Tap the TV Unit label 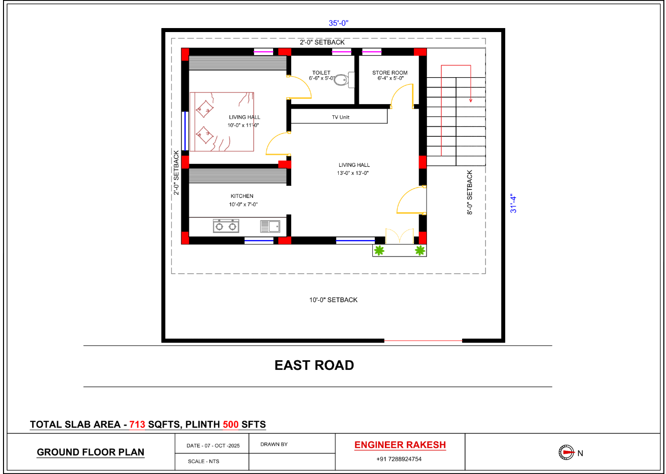tap(341, 117)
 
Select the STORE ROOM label tap(390, 73)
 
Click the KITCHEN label tap(242, 196)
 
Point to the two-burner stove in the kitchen tap(226, 226)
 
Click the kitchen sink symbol tap(270, 226)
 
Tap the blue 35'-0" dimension tap(338, 23)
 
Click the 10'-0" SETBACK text tap(333, 300)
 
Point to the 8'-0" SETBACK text tap(470, 192)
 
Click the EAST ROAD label tap(314, 365)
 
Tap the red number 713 tap(137, 424)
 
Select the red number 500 tap(231, 424)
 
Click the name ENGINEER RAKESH tap(400, 445)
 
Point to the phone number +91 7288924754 tap(399, 459)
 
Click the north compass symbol tap(566, 452)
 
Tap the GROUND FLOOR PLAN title tap(90, 452)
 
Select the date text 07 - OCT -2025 tap(222, 446)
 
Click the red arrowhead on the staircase tap(471, 100)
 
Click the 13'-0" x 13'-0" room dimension tap(353, 173)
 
